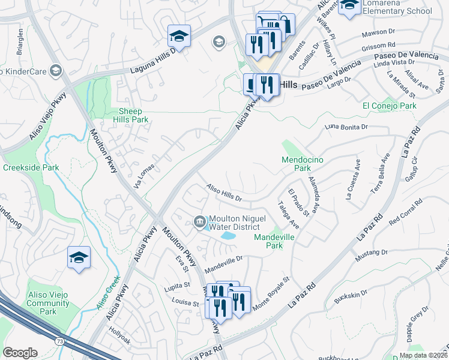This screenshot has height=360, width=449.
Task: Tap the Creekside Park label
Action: coord(31,167)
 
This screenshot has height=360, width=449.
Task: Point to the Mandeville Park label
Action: coord(276,241)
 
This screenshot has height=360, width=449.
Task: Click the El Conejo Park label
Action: coord(389,106)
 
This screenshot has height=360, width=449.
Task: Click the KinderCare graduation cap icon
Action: coord(56,71)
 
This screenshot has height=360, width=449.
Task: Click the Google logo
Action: coord(20,353)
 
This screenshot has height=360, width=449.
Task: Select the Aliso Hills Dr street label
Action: coord(223,193)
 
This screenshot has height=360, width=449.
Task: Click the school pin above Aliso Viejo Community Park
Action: coord(79,258)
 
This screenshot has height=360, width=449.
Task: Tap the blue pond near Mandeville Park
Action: coord(228,236)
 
